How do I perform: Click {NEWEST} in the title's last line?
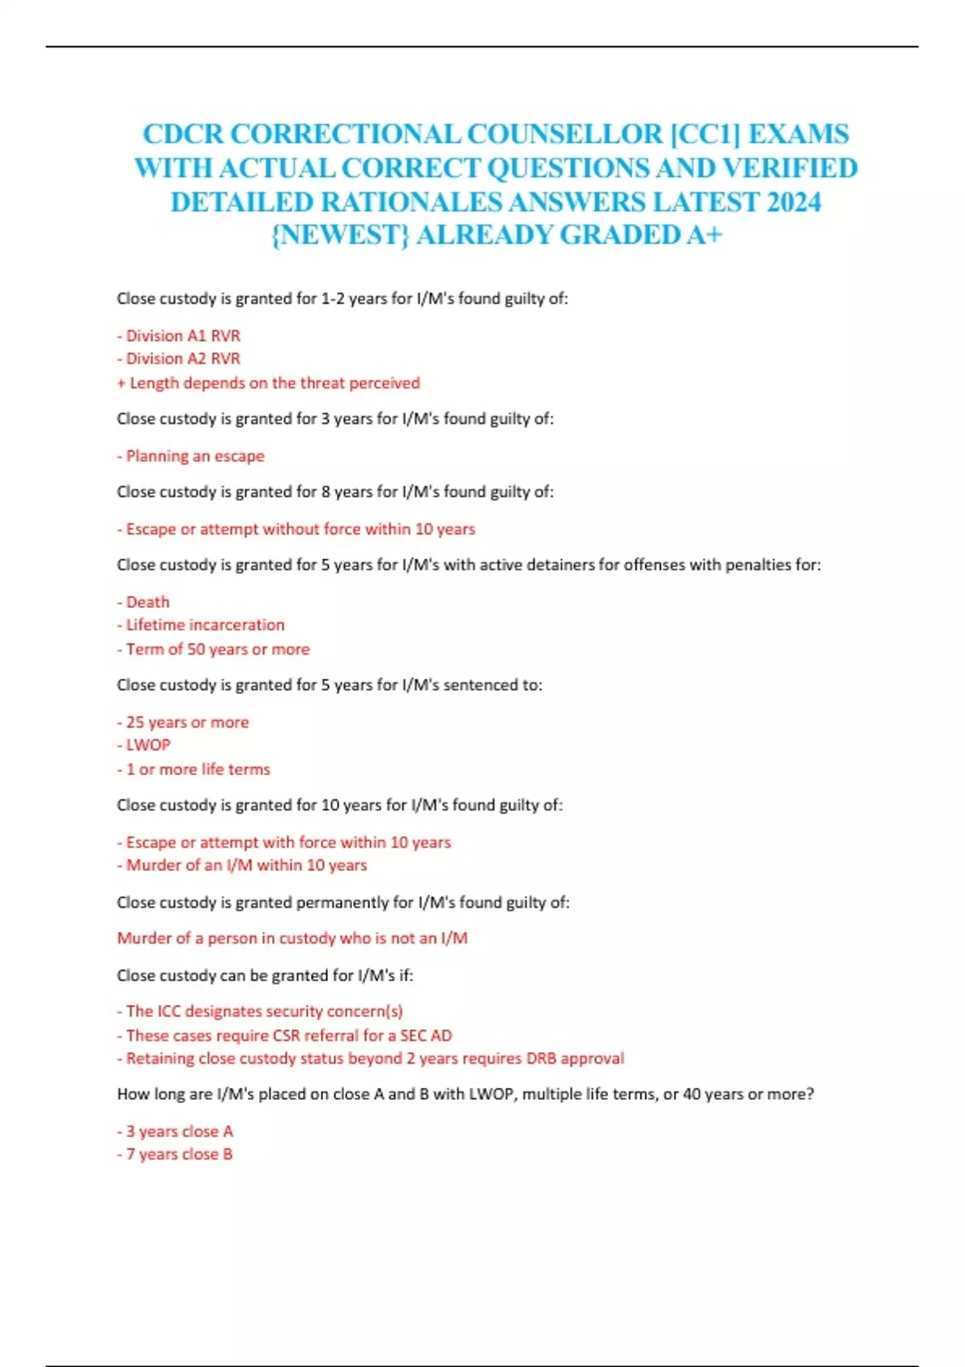point(340,235)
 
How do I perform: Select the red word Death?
point(147,601)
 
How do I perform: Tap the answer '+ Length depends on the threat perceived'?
point(269,383)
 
